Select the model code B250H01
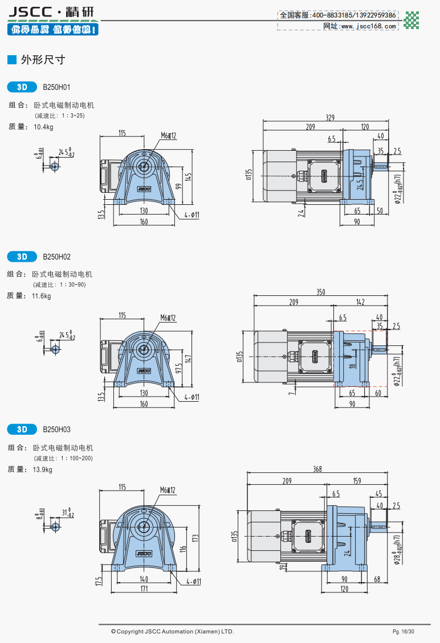56,88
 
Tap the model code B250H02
56,257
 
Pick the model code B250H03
56,429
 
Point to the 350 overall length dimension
321,292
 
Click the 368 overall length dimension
317,469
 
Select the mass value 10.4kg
43,127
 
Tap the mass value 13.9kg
43,469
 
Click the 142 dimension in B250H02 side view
360,302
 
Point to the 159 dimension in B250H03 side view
357,481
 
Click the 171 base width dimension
144,588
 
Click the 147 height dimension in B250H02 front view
189,359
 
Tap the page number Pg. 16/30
403,632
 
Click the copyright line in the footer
173,632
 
